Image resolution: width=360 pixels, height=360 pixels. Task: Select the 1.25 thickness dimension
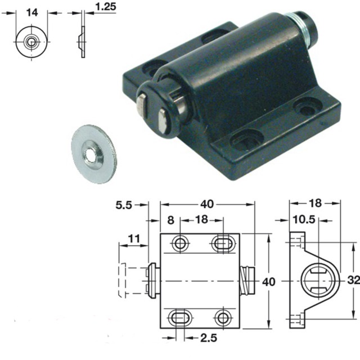point(106,7)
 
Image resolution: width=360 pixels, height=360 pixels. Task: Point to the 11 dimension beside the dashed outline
point(133,238)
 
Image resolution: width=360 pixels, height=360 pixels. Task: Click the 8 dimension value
point(171,219)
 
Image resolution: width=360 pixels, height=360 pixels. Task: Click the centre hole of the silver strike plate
point(91,152)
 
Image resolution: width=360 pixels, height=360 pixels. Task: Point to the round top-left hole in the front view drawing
point(180,243)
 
